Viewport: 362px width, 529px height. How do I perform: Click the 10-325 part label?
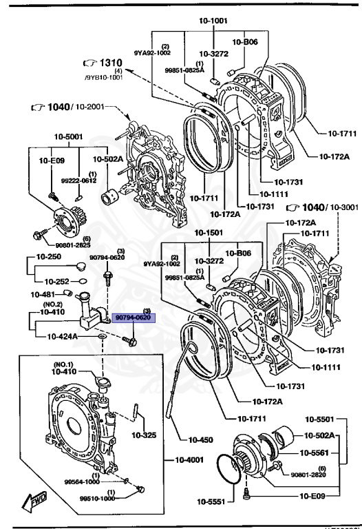coord(145,435)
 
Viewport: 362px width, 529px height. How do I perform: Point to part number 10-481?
coord(42,295)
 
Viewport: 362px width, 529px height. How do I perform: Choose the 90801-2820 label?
coord(308,475)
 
